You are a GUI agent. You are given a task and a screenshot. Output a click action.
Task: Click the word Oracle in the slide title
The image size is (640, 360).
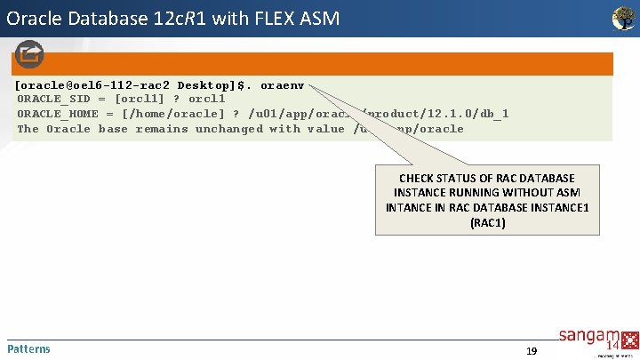(x=36, y=18)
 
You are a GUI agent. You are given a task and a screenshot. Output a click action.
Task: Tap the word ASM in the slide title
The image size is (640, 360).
(x=318, y=18)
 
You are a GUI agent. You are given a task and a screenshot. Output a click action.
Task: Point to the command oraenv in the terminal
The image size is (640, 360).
(x=283, y=86)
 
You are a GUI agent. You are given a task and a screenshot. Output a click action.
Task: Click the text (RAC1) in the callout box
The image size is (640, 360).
(x=487, y=222)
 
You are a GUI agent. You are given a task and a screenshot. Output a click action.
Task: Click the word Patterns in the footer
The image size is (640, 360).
(x=28, y=348)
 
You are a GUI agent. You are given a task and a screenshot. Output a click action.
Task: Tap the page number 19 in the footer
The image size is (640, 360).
(x=532, y=351)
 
